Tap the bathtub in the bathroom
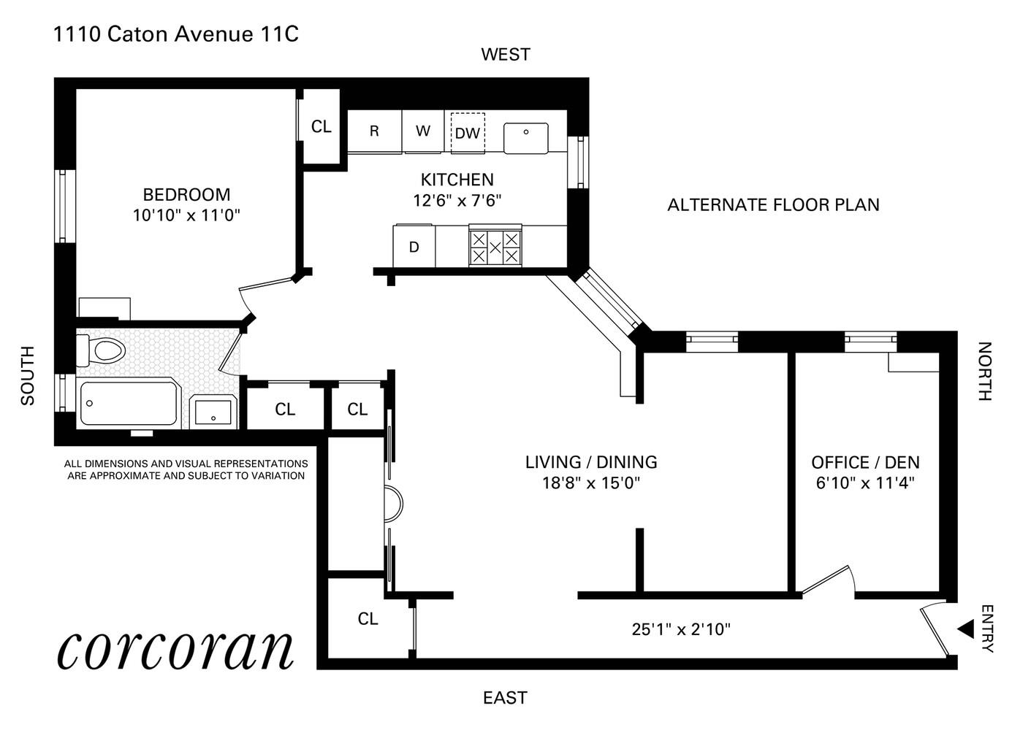(128, 402)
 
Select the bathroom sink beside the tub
(213, 412)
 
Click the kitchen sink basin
(525, 138)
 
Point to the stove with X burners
(495, 247)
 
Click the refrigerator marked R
(374, 131)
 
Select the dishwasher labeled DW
(467, 133)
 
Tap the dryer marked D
(414, 247)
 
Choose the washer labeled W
(423, 131)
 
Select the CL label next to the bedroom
(321, 127)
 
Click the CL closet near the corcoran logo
(368, 619)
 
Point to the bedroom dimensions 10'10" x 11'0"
(186, 215)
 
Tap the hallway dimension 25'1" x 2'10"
(681, 629)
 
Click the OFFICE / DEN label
(865, 463)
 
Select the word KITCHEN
(457, 180)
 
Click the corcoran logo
(175, 648)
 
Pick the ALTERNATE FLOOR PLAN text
(773, 205)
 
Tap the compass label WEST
(505, 55)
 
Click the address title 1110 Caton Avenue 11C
(176, 34)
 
